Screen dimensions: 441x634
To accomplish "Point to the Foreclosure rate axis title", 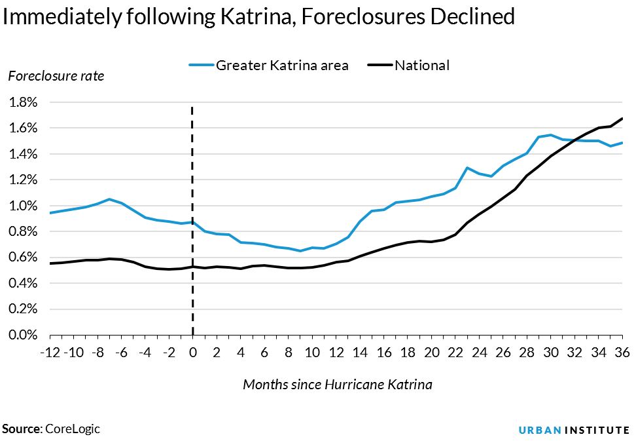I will click(x=56, y=76).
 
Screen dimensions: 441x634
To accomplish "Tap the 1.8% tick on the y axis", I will click(x=23, y=102).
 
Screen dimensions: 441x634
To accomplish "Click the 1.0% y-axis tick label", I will click(x=23, y=206).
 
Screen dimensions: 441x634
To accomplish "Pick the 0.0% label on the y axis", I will click(x=23, y=335).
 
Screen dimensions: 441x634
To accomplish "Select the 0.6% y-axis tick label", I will click(x=23, y=258).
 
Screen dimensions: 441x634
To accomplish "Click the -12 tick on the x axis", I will click(x=51, y=352).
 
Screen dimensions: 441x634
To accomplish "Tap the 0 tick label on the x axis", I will click(x=192, y=352).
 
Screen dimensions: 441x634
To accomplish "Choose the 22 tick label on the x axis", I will click(x=455, y=352).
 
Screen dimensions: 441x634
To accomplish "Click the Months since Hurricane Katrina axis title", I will click(x=337, y=384).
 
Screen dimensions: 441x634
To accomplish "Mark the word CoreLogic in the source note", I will click(x=73, y=429).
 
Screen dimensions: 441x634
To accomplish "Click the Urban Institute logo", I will click(x=574, y=429).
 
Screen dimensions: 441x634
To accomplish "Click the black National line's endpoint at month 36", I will click(x=622, y=119).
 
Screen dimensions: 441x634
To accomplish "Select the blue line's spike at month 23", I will click(x=467, y=168).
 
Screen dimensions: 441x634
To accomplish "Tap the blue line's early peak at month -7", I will click(x=109, y=199).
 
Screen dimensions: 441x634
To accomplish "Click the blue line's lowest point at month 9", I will click(x=300, y=251).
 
